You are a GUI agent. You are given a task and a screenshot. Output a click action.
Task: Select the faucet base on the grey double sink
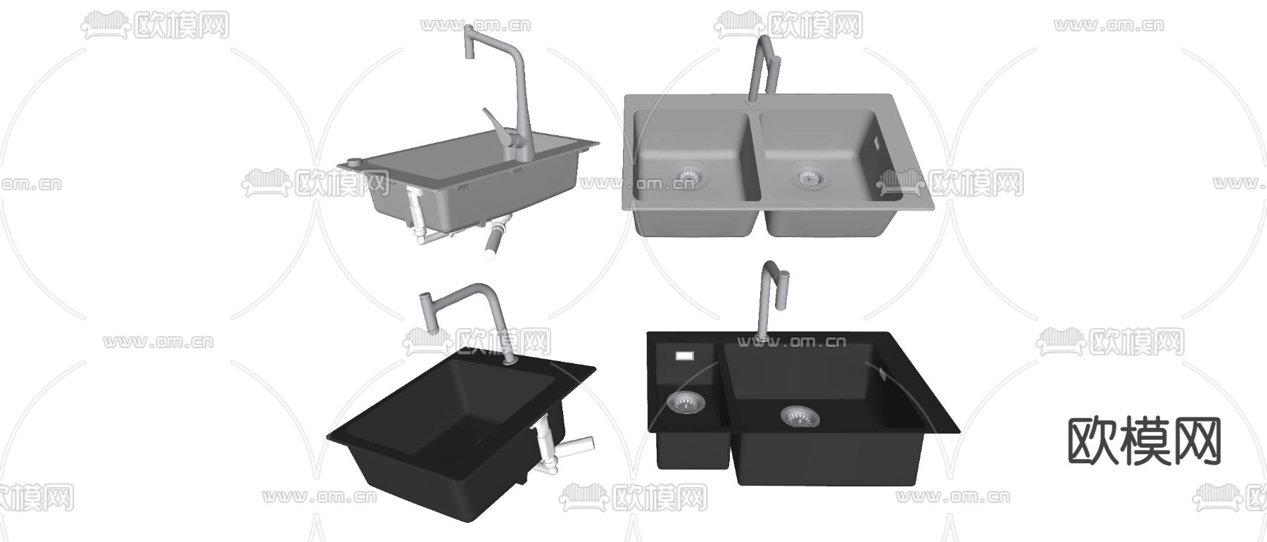point(751,99)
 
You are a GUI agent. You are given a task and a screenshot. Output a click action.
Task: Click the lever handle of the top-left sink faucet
point(494,125)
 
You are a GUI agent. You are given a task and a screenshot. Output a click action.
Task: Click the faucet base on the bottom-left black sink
point(511,360)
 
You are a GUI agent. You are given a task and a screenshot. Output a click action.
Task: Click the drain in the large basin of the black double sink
point(800,416)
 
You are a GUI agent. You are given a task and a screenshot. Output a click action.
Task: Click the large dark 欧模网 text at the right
point(1145,441)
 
